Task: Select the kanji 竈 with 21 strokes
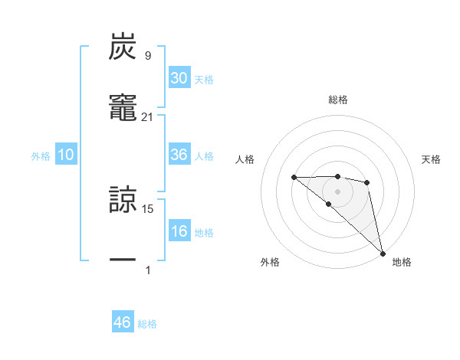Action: (x=123, y=110)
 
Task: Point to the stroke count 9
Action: (x=148, y=55)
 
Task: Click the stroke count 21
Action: (x=148, y=117)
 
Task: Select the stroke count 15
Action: (x=148, y=208)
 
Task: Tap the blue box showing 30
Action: (x=179, y=78)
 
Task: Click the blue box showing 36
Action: (x=179, y=155)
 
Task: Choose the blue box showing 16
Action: (x=179, y=231)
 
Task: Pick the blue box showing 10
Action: (x=66, y=155)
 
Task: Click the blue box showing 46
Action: (x=123, y=322)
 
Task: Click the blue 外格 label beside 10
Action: (x=41, y=156)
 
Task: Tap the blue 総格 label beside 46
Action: (x=147, y=324)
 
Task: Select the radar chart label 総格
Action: (x=338, y=100)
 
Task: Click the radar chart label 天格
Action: (x=432, y=159)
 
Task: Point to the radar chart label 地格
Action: (x=402, y=262)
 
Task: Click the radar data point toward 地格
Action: (x=382, y=252)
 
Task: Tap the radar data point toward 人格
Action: (x=294, y=177)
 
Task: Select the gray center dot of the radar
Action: (x=337, y=191)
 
